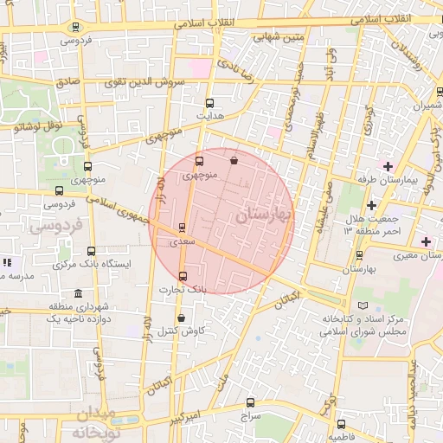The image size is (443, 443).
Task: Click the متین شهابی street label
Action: (x=279, y=37)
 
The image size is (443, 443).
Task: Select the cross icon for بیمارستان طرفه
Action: (x=388, y=166)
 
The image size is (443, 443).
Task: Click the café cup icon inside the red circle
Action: (x=234, y=159)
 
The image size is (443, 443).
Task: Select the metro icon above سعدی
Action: (x=182, y=228)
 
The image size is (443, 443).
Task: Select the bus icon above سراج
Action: (x=251, y=402)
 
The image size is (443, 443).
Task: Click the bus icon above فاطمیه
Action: (x=341, y=425)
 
